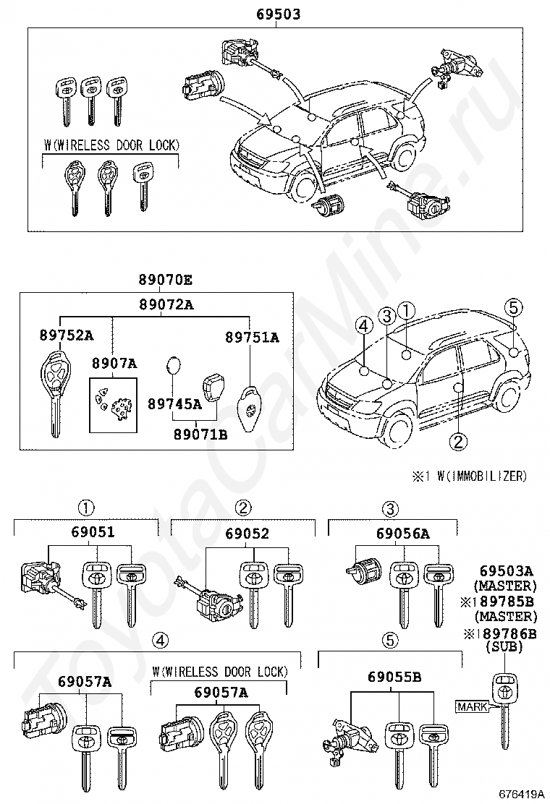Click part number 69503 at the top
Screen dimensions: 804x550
pyautogui.click(x=278, y=14)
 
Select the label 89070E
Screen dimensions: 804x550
pyautogui.click(x=166, y=281)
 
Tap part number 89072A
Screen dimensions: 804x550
pyautogui.click(x=166, y=305)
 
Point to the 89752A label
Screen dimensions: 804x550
pyautogui.click(x=67, y=335)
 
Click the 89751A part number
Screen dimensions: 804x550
pyautogui.click(x=251, y=337)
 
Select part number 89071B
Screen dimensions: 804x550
pyautogui.click(x=200, y=434)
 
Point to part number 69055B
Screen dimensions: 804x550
pyautogui.click(x=394, y=677)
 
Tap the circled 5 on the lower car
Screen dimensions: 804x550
pyautogui.click(x=513, y=308)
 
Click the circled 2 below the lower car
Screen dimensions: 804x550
pyautogui.click(x=457, y=440)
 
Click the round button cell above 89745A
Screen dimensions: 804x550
pyautogui.click(x=174, y=366)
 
